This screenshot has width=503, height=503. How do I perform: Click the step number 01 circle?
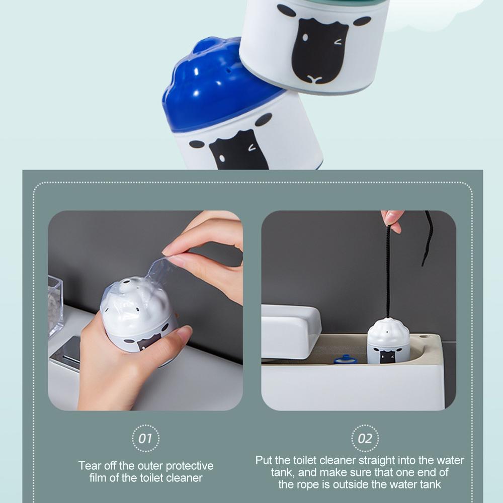click(145, 438)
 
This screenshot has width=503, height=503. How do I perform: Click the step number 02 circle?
click(365, 438)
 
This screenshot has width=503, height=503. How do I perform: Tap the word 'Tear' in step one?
click(90, 465)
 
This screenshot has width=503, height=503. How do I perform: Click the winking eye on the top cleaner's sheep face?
click(338, 42)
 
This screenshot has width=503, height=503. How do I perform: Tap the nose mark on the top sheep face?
click(314, 78)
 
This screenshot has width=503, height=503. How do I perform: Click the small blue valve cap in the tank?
click(345, 359)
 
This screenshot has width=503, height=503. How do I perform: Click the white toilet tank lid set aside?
click(291, 331)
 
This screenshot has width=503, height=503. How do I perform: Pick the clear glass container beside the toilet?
click(55, 305)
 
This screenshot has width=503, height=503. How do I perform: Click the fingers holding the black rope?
click(392, 221)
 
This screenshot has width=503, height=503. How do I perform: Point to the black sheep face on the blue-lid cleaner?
click(239, 151)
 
